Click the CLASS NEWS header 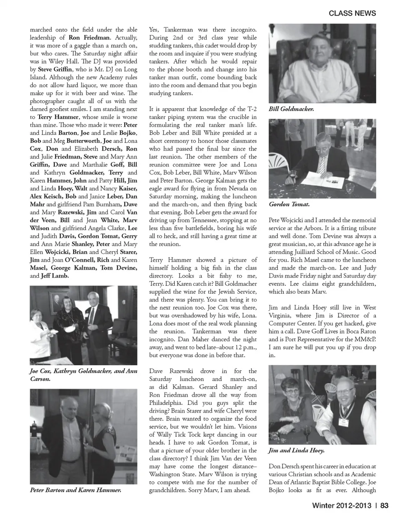352,13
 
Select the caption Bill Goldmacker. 291,109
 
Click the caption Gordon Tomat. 289,204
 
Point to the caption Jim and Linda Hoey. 297,451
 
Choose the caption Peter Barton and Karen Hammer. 76,490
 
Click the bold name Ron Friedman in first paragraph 90,37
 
